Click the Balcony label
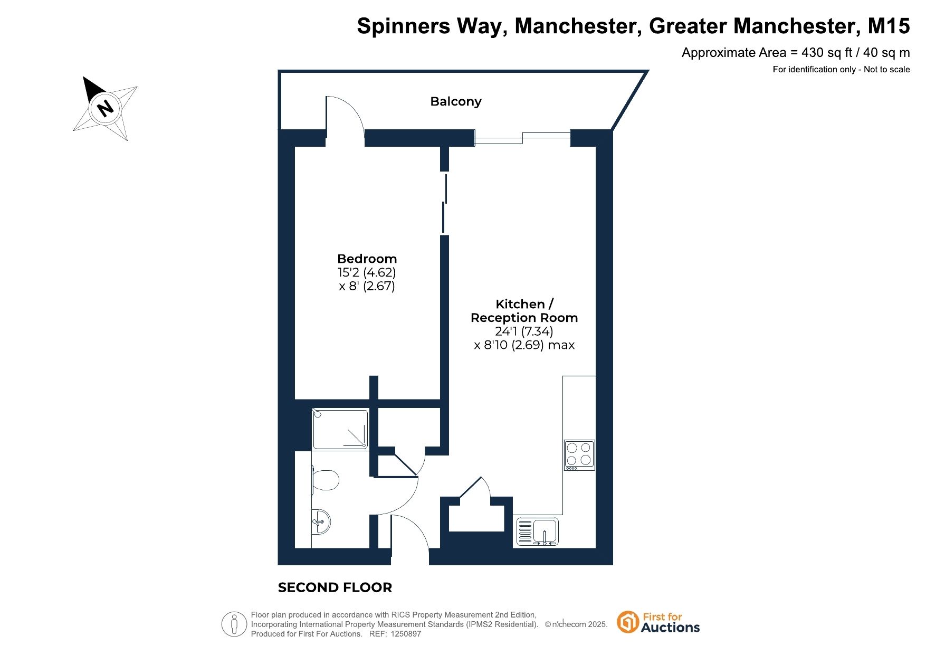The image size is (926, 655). pos(456,101)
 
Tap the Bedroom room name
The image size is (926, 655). pos(367,259)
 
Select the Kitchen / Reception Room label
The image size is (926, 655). pos(524,311)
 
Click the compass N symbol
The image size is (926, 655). pos(106,108)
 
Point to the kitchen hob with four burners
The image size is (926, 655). pos(579,455)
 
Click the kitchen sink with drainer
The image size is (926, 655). pos(537,531)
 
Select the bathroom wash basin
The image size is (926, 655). pos(320,522)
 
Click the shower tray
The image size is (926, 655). pos(340,430)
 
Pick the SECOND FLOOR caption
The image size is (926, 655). pos(335,587)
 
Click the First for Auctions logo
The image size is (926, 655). pos(658,623)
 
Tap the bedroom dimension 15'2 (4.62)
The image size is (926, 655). pos(367,272)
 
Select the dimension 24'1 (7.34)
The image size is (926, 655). pos(524,331)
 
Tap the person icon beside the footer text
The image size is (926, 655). pos(234,624)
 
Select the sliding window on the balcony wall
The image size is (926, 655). pos(522,138)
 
